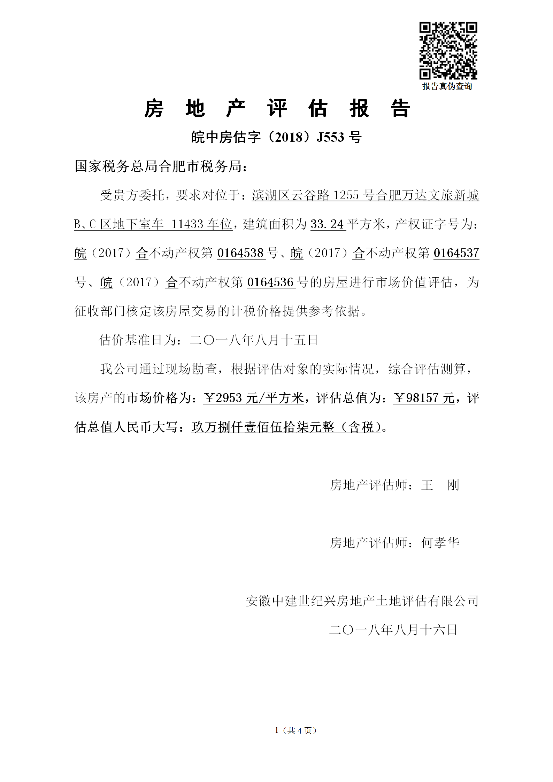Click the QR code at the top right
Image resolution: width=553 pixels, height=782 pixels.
tap(448, 51)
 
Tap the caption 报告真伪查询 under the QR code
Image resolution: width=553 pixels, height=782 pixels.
tap(447, 86)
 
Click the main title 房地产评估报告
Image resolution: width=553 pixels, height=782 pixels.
tap(277, 108)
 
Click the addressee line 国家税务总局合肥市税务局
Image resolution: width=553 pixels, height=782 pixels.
tap(161, 167)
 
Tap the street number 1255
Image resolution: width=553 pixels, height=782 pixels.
tap(346, 195)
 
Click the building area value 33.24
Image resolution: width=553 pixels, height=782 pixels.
tap(327, 224)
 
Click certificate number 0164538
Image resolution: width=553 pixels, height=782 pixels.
tap(240, 253)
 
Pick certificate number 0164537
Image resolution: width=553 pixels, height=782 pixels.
tap(456, 253)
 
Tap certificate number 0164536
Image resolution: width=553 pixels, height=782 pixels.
tap(270, 282)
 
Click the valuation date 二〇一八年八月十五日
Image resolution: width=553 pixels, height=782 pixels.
tap(254, 340)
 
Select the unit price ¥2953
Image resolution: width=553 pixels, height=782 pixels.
tap(223, 398)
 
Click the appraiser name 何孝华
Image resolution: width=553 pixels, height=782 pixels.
tap(440, 542)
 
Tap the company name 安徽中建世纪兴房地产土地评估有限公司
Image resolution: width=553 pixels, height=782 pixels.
tap(362, 601)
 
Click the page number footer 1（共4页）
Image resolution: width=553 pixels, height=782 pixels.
tap(295, 730)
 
